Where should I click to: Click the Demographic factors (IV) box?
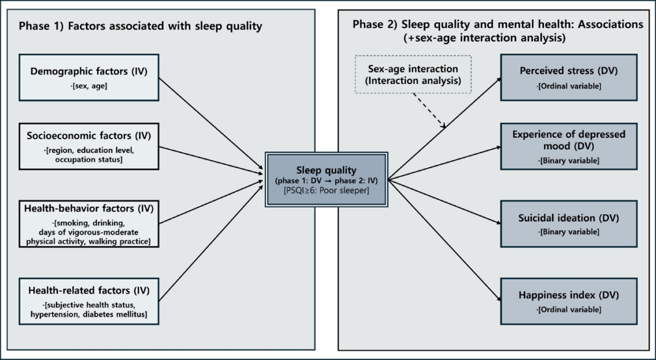pyautogui.click(x=89, y=77)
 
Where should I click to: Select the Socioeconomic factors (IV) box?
pyautogui.click(x=89, y=146)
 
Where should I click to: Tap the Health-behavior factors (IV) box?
pyautogui.click(x=89, y=223)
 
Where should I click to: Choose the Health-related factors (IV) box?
pyautogui.click(x=89, y=300)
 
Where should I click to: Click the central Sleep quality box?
pyautogui.click(x=326, y=179)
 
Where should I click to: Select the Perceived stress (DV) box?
pyautogui.click(x=568, y=77)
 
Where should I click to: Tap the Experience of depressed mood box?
pyautogui.click(x=568, y=146)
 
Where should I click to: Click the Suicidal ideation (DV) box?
pyautogui.click(x=568, y=223)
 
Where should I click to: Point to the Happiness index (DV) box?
pyautogui.click(x=568, y=300)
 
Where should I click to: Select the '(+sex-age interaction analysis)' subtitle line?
pyautogui.click(x=485, y=38)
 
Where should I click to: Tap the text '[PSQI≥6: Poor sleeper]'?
pyautogui.click(x=326, y=190)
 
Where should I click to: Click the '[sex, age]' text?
pyautogui.click(x=89, y=85)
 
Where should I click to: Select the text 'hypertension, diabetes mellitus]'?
pyautogui.click(x=89, y=314)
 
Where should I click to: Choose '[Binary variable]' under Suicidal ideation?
pyautogui.click(x=568, y=232)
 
